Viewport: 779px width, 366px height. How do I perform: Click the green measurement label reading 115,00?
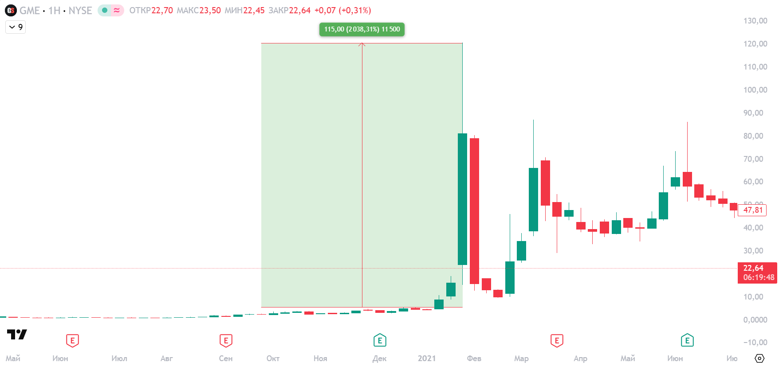(x=362, y=29)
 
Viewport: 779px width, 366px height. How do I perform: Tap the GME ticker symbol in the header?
(x=29, y=11)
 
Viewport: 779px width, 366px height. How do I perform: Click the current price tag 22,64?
(x=757, y=273)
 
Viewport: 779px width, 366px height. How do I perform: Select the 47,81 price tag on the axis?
(x=753, y=210)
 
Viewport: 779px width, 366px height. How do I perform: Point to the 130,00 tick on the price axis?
(x=755, y=21)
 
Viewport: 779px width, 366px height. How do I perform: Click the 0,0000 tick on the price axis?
(x=755, y=320)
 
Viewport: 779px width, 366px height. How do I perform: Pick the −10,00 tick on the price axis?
(x=755, y=343)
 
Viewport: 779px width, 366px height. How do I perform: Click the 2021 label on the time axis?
(x=426, y=358)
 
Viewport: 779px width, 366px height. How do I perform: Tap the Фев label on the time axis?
(x=474, y=358)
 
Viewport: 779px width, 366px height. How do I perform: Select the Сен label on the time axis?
(x=225, y=358)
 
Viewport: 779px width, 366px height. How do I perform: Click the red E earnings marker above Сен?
(x=226, y=341)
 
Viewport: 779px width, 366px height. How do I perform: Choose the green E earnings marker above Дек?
(x=380, y=341)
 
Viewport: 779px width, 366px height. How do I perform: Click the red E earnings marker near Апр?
(x=557, y=341)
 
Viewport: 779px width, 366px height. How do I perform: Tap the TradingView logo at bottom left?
(x=17, y=335)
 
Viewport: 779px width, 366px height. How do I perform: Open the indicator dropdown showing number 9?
(x=16, y=27)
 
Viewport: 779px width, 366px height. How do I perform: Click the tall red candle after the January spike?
(x=474, y=210)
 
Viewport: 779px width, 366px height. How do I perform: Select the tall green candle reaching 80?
(x=462, y=199)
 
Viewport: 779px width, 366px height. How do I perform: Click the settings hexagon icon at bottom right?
(x=759, y=358)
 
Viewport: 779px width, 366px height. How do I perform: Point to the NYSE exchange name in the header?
(x=80, y=11)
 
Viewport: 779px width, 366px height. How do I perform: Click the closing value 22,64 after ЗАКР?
(x=299, y=11)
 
